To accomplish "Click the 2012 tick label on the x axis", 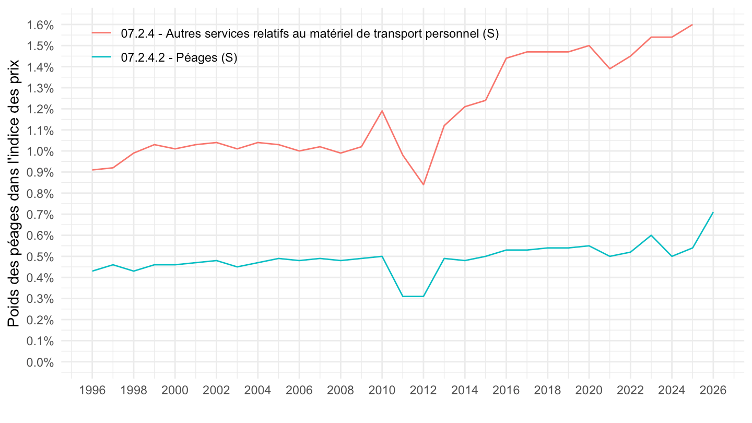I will [x=424, y=390].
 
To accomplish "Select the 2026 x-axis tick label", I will [x=713, y=390].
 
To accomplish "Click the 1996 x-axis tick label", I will [x=92, y=390].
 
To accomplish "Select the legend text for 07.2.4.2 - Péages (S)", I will [x=179, y=58].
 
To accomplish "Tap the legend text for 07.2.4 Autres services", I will [x=310, y=34].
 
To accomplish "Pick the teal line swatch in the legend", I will [x=102, y=57].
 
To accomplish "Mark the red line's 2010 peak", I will [x=382, y=111].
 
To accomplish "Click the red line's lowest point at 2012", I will [x=424, y=184].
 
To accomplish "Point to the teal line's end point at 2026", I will [x=713, y=213].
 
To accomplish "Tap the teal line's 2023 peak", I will [x=651, y=235].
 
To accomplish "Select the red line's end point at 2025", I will [x=692, y=25].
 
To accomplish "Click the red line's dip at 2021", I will [x=609, y=68].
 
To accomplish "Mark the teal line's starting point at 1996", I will [x=92, y=271].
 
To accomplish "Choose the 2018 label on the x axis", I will [x=548, y=390].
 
